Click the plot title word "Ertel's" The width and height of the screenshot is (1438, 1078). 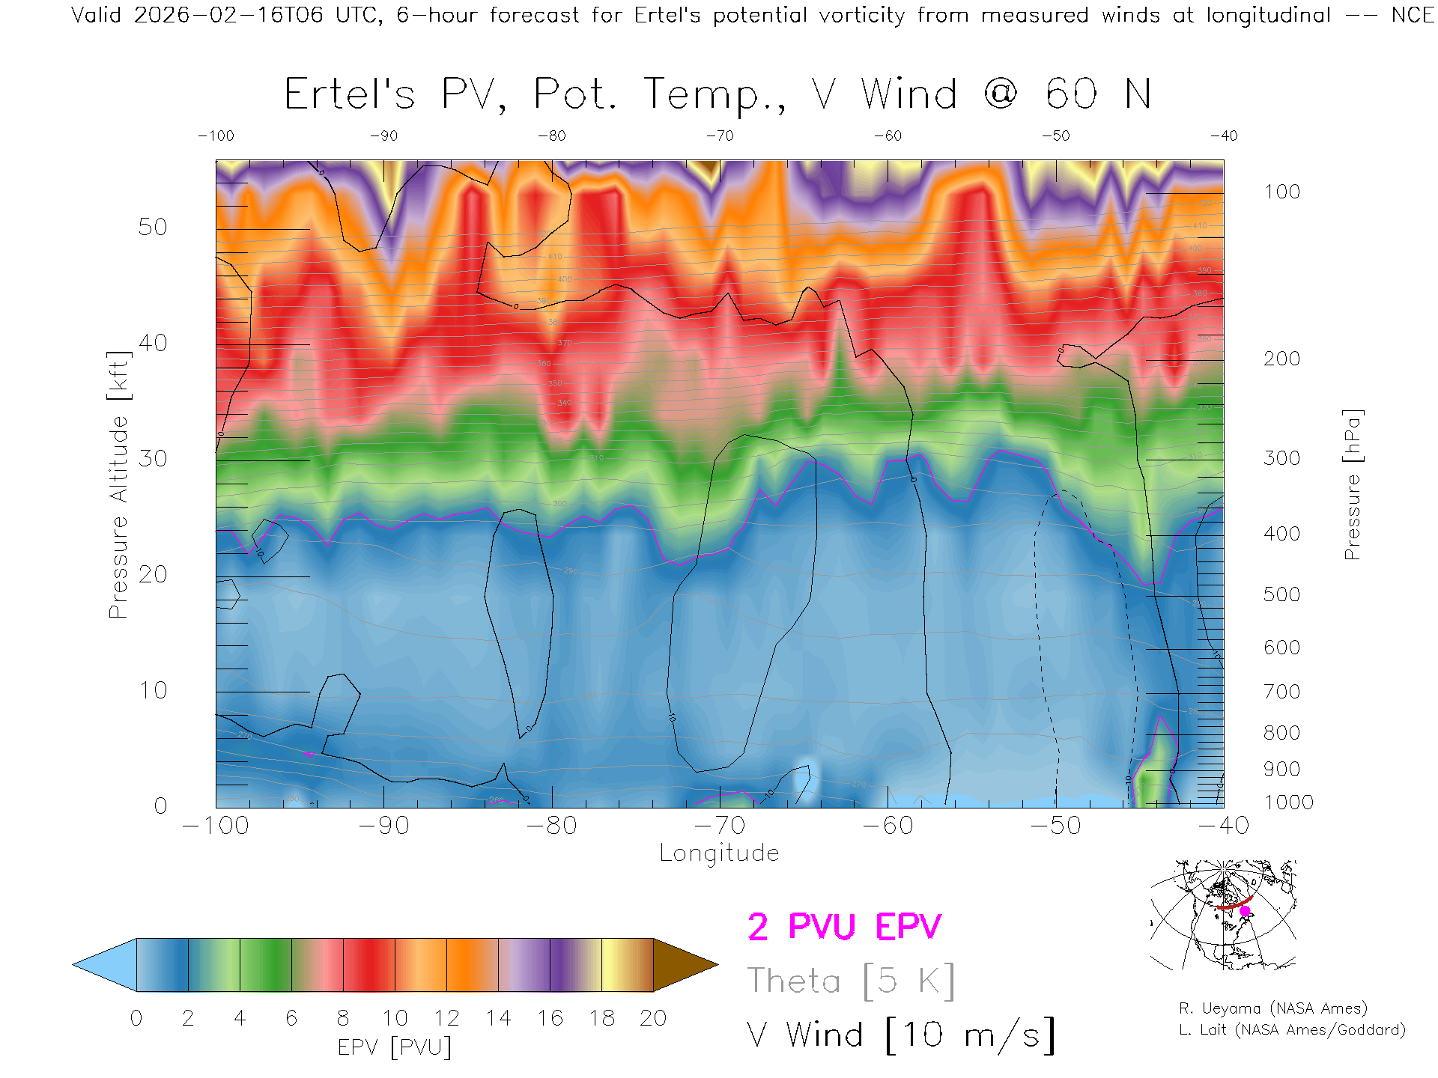349,95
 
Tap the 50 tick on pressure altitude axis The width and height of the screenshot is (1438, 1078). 153,227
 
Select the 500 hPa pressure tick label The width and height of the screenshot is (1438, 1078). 1281,594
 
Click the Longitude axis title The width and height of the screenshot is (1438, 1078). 719,853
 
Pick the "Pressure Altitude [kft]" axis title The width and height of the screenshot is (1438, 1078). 119,484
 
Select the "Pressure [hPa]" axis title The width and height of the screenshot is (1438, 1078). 1352,484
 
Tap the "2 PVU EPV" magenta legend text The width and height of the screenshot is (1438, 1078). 844,927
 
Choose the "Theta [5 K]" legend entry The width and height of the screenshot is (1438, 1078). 851,981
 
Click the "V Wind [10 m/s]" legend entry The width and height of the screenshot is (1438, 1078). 900,1035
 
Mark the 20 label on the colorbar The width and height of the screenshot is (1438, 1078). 653,1018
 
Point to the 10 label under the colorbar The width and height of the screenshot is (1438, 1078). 395,1018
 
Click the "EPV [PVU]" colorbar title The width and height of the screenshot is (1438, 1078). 395,1047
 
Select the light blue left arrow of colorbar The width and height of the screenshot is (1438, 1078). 105,965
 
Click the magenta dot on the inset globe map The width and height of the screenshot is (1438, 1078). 1245,911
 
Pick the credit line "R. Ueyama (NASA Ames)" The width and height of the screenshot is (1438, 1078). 1272,1008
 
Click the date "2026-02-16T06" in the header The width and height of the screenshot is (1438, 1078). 228,15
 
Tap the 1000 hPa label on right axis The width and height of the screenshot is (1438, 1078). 1288,803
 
